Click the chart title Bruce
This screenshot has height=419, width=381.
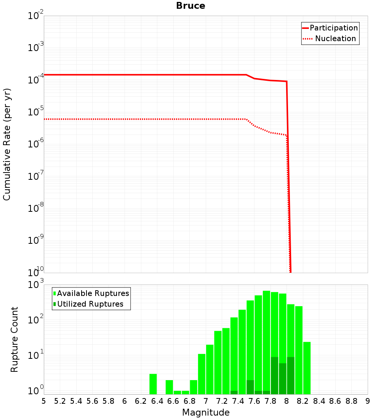click(x=190, y=6)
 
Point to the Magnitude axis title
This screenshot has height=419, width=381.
click(x=206, y=413)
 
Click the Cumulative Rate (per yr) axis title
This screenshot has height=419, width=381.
click(x=7, y=144)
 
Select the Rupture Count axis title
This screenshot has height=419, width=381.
click(x=14, y=339)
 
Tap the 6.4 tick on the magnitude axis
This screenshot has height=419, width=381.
click(x=157, y=401)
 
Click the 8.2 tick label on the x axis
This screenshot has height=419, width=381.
click(x=303, y=401)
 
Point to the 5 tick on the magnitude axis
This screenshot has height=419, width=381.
click(x=44, y=401)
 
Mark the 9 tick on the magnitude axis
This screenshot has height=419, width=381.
click(x=368, y=401)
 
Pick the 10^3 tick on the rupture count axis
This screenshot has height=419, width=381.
click(x=36, y=285)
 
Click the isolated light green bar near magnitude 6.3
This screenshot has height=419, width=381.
click(x=153, y=384)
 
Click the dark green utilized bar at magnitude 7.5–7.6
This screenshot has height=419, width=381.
click(x=250, y=387)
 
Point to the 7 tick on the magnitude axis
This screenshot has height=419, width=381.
click(x=206, y=401)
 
